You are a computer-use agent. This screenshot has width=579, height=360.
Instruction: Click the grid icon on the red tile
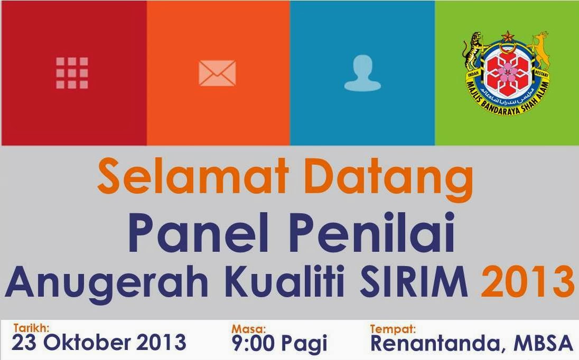[x=72, y=73]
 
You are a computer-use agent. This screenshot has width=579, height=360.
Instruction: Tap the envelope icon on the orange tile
[x=217, y=73]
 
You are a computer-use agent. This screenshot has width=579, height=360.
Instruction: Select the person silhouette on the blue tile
[x=362, y=73]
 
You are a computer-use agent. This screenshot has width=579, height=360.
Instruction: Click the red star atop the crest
[x=507, y=36]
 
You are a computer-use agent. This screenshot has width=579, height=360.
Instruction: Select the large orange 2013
[x=527, y=281]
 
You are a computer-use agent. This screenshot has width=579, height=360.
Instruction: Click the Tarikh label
[x=31, y=328]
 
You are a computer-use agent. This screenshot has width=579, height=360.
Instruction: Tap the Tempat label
[x=393, y=329]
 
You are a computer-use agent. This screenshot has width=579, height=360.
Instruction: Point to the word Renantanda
[x=437, y=344]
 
